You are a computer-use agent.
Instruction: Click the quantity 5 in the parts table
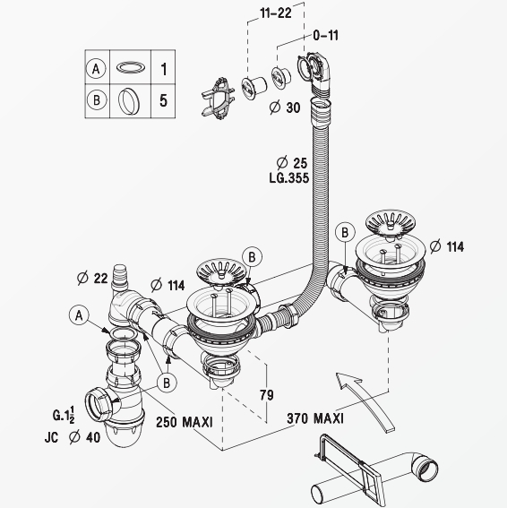164,100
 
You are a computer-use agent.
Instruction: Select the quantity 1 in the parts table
164,69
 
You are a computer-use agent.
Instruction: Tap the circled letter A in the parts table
96,69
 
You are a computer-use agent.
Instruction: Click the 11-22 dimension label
276,13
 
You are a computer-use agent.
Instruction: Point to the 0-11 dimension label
325,35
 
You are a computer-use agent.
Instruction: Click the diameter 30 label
285,108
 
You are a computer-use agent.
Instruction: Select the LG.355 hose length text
289,178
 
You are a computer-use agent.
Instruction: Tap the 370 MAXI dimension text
315,418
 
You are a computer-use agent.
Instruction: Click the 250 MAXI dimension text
185,422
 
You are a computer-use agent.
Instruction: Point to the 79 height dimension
266,395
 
